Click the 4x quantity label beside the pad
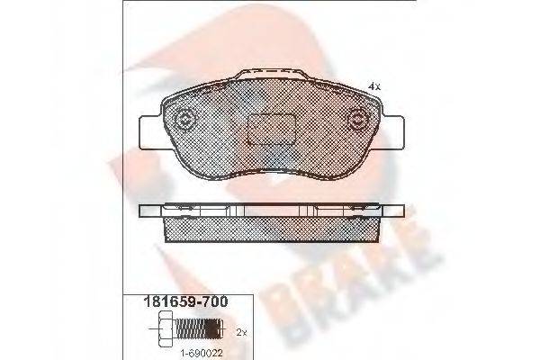coord(374,86)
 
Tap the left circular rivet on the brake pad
coord(184,121)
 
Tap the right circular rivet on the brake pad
coord(358,121)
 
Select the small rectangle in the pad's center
coord(272,130)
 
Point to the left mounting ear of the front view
coord(150,133)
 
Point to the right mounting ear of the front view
coord(393,133)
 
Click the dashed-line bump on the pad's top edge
coord(272,74)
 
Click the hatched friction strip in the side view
coord(272,229)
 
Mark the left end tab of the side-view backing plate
coord(150,211)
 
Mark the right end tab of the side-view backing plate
coord(393,211)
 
